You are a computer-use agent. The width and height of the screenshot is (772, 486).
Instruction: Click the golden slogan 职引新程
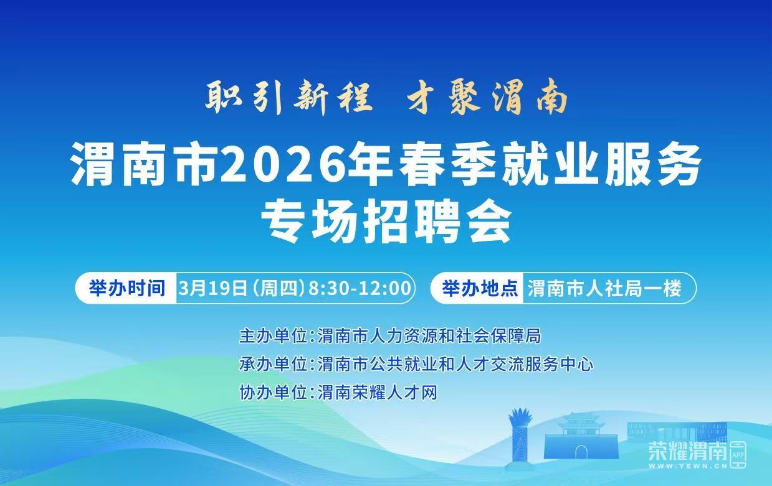pyautogui.click(x=289, y=98)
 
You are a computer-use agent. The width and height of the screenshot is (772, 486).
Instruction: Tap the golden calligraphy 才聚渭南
pyautogui.click(x=488, y=96)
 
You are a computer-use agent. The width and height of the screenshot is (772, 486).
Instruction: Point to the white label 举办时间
pyautogui.click(x=127, y=287)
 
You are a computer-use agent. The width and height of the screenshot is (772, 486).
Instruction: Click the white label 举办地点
pyautogui.click(x=480, y=287)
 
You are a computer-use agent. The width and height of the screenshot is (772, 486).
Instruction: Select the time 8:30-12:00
pyautogui.click(x=360, y=287)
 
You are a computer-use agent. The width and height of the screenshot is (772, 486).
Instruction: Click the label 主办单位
pyautogui.click(x=273, y=336)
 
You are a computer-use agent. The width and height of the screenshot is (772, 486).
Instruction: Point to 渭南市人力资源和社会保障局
pyautogui.click(x=429, y=336)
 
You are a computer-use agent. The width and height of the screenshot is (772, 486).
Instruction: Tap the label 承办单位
pyautogui.click(x=273, y=364)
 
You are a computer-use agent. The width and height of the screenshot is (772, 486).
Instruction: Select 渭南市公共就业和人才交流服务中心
pyautogui.click(x=455, y=364)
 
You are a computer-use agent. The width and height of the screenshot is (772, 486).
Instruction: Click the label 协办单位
pyautogui.click(x=273, y=393)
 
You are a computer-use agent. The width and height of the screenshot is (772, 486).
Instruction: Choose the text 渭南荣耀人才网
pyautogui.click(x=378, y=393)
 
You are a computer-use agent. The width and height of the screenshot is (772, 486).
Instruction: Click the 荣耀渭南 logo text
pyautogui.click(x=688, y=451)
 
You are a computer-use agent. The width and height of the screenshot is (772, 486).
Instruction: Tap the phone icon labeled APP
pyautogui.click(x=738, y=455)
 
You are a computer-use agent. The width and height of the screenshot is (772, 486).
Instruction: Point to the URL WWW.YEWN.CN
pyautogui.click(x=688, y=466)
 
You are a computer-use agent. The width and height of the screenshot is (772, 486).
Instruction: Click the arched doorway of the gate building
pyautogui.click(x=581, y=452)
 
